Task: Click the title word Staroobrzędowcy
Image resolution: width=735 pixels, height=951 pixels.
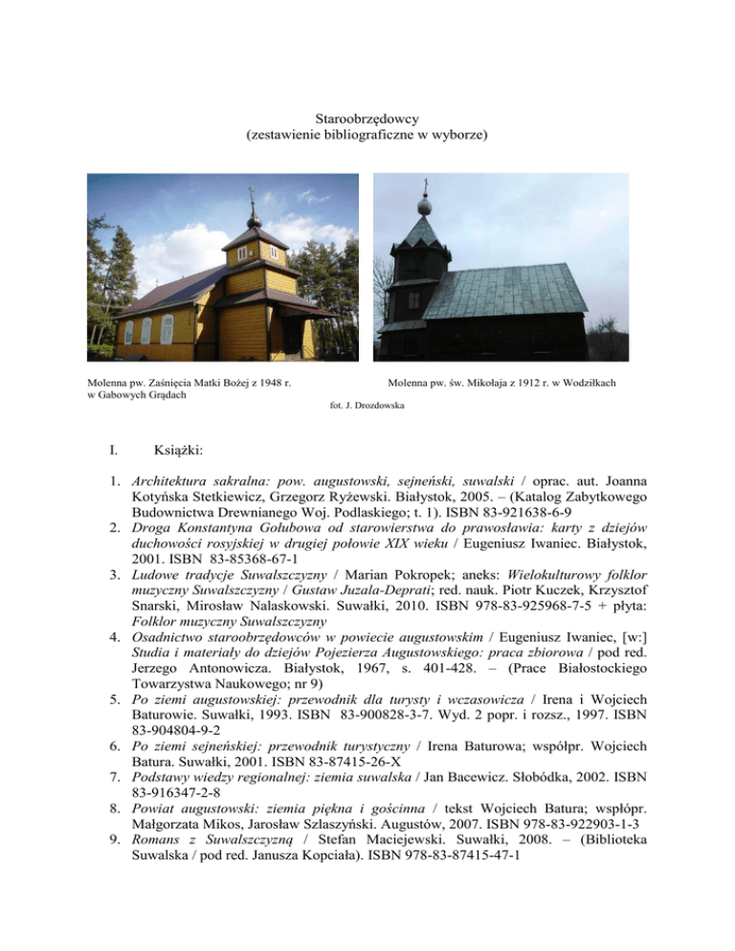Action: (367, 118)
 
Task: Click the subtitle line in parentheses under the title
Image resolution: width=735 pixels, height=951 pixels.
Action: (367, 136)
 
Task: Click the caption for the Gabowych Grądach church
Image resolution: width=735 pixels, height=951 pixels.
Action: (189, 388)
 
